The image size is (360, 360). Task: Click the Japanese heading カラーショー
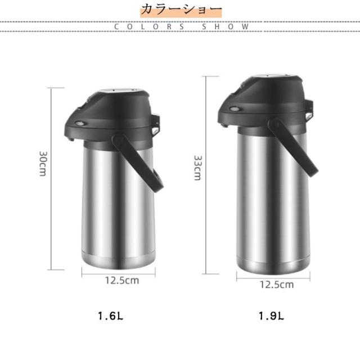click(181, 10)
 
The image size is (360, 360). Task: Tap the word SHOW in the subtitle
click(225, 26)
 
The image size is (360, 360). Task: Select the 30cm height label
click(43, 164)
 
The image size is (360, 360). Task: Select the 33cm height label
click(197, 168)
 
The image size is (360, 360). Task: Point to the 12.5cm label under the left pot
click(122, 281)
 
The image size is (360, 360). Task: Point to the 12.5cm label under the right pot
click(277, 285)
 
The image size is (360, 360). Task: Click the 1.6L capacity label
click(110, 316)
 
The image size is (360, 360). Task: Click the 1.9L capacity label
click(271, 316)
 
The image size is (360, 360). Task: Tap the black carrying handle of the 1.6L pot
click(138, 163)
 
